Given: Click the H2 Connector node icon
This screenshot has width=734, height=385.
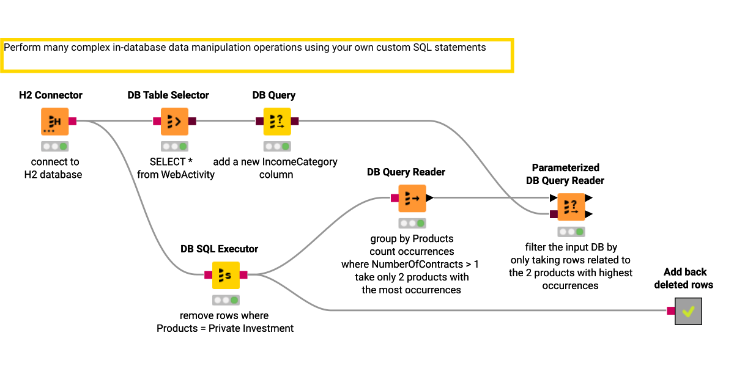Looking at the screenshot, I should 55,122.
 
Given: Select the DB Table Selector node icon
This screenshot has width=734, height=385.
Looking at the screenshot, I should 174,122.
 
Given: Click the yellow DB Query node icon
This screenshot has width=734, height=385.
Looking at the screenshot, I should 277,122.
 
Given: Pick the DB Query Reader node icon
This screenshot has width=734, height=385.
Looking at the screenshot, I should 412,198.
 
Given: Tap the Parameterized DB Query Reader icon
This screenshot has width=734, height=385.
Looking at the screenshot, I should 570,206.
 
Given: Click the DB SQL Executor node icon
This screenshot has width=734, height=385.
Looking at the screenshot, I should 226,275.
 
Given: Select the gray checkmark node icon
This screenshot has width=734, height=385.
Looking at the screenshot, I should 688,311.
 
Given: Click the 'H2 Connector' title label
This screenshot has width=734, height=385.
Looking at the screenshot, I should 51,95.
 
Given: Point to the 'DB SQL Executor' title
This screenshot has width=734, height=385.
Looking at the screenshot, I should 219,249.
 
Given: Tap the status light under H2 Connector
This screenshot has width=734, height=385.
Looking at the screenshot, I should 55,147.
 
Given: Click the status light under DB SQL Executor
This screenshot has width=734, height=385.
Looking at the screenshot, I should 226,300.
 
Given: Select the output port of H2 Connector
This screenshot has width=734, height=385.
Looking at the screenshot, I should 73,122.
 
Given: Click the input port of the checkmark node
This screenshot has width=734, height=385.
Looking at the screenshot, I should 670,311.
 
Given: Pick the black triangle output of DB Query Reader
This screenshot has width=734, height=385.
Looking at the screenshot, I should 430,198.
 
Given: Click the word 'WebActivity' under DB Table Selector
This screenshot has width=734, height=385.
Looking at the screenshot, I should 189,175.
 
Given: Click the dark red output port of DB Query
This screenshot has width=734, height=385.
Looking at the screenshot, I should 295,122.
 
